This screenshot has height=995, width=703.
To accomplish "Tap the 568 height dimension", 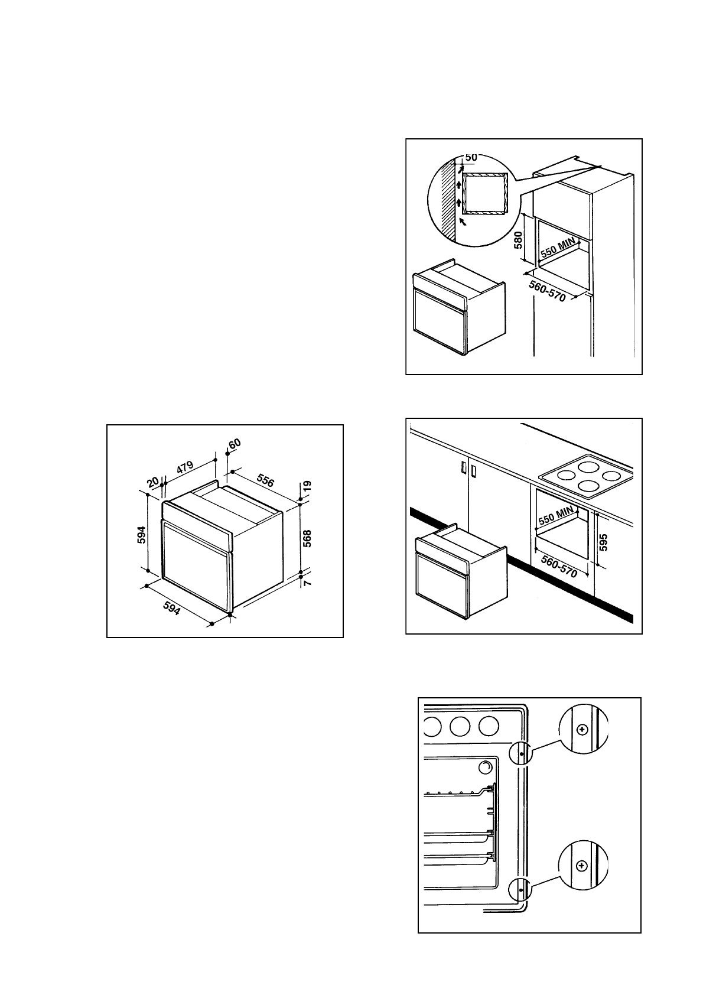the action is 307,538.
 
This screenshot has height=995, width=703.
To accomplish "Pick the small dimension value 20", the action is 153,482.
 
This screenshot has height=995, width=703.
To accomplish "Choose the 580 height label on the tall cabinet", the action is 518,240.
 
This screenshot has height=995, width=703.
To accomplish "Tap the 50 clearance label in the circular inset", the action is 471,157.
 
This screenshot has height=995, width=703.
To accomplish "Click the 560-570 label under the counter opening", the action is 558,564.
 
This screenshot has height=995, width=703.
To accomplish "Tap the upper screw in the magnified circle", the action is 582,729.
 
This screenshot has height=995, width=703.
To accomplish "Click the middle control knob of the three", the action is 461,727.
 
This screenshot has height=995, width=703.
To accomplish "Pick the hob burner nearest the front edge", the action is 588,486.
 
